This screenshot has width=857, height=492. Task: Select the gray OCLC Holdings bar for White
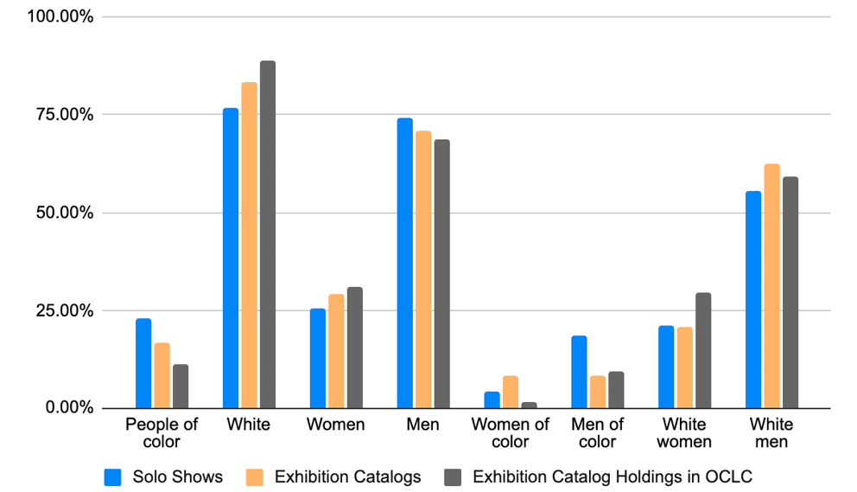[268, 234]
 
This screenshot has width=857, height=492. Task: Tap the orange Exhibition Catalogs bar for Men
[423, 270]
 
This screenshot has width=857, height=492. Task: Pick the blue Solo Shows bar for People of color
[143, 363]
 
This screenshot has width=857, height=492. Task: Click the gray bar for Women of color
[529, 405]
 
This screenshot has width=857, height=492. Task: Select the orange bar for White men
[771, 285]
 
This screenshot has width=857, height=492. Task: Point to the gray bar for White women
[703, 350]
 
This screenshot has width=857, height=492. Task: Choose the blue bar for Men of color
[579, 372]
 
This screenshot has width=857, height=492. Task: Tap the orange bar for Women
[336, 351]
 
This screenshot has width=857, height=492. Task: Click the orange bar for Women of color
[511, 392]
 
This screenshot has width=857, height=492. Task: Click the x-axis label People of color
[162, 432]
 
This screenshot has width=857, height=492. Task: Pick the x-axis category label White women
[684, 432]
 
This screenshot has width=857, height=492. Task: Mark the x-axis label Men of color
[597, 432]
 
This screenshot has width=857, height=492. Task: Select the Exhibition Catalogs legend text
[347, 476]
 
